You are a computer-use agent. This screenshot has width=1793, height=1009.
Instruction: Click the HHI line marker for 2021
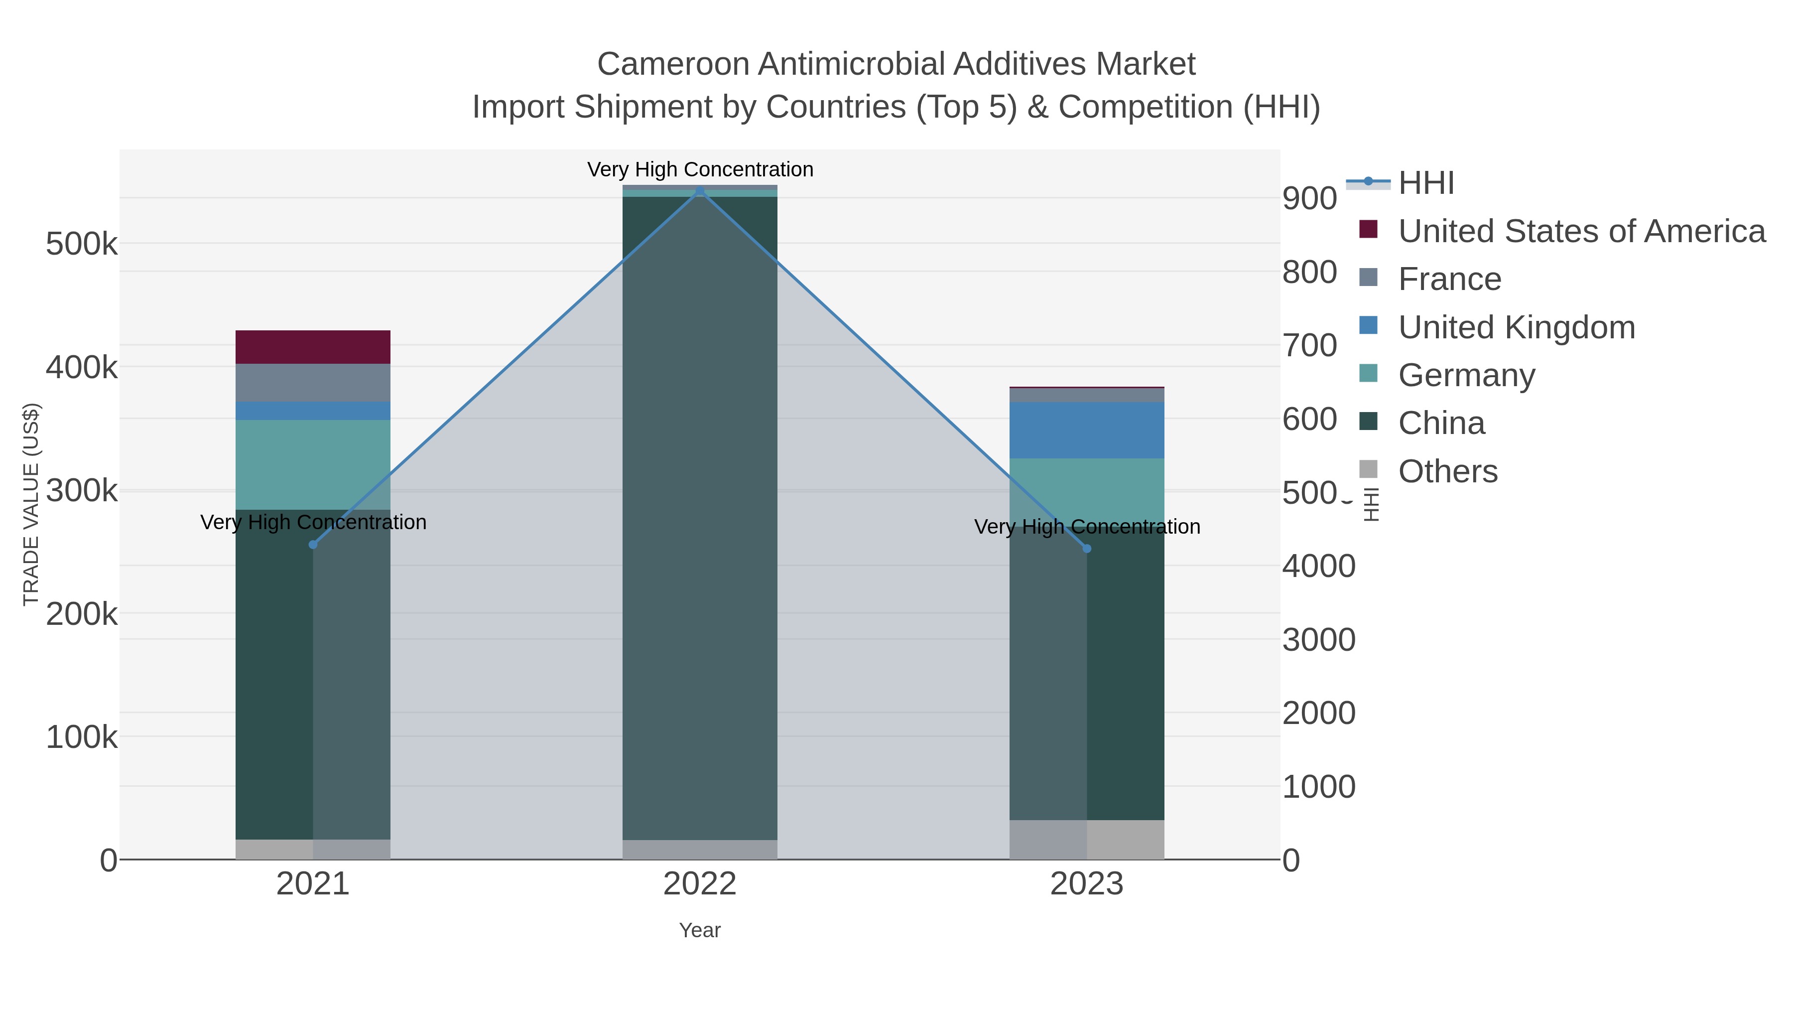pyautogui.click(x=313, y=545)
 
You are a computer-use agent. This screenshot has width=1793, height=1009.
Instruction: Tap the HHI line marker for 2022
pyautogui.click(x=700, y=191)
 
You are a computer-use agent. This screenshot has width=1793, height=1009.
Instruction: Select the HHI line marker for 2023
pyautogui.click(x=1087, y=549)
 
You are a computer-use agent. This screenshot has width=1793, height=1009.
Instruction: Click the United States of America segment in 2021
pyautogui.click(x=313, y=347)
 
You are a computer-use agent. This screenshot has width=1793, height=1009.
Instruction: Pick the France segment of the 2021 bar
pyautogui.click(x=313, y=382)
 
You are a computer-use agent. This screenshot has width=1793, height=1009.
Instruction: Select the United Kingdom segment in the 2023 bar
pyautogui.click(x=1087, y=430)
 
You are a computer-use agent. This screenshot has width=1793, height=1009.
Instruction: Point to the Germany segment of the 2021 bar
pyautogui.click(x=313, y=464)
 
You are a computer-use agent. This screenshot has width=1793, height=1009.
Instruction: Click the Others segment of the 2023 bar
pyautogui.click(x=1087, y=839)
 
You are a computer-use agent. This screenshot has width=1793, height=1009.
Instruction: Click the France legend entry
pyautogui.click(x=1449, y=279)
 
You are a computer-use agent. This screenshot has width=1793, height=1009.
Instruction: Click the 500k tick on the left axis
pyautogui.click(x=82, y=245)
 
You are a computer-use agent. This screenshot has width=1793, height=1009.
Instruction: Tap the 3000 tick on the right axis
pyautogui.click(x=1318, y=640)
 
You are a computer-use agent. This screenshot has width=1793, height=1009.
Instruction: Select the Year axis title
pyautogui.click(x=700, y=930)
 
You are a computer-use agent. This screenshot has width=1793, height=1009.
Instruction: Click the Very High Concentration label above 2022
pyautogui.click(x=700, y=169)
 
